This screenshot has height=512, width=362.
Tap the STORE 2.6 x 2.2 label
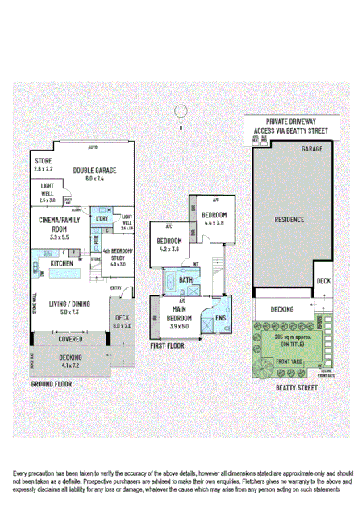tap(44, 166)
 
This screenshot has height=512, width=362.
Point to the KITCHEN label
tap(62, 263)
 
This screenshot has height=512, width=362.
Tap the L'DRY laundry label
tap(102, 218)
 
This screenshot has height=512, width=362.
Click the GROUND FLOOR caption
tap(51, 385)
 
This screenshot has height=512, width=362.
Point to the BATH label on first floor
tap(185, 280)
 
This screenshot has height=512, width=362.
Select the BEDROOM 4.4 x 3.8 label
tap(215, 219)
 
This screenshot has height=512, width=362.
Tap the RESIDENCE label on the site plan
tap(288, 218)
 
